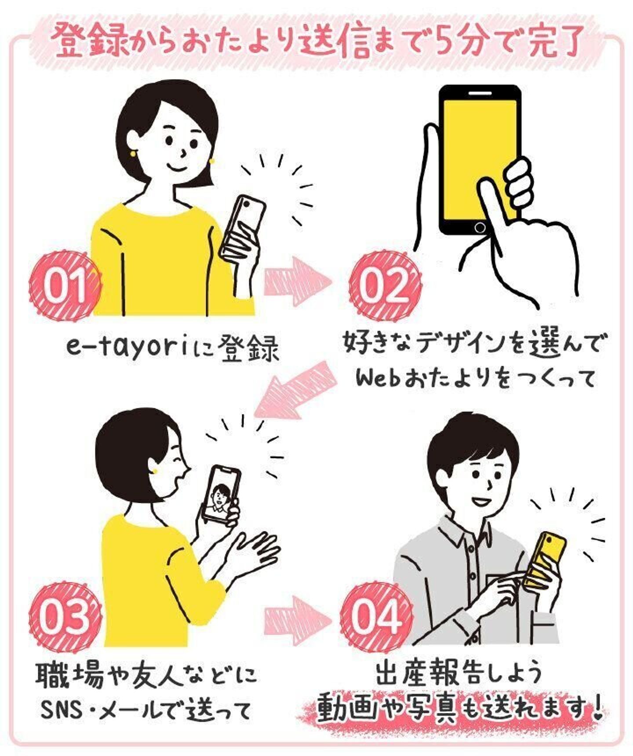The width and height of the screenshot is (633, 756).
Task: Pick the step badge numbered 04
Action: [377, 615]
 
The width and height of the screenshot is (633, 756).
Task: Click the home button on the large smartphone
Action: [480, 228]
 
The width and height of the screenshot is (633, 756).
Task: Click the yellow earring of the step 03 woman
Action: [155, 470]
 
